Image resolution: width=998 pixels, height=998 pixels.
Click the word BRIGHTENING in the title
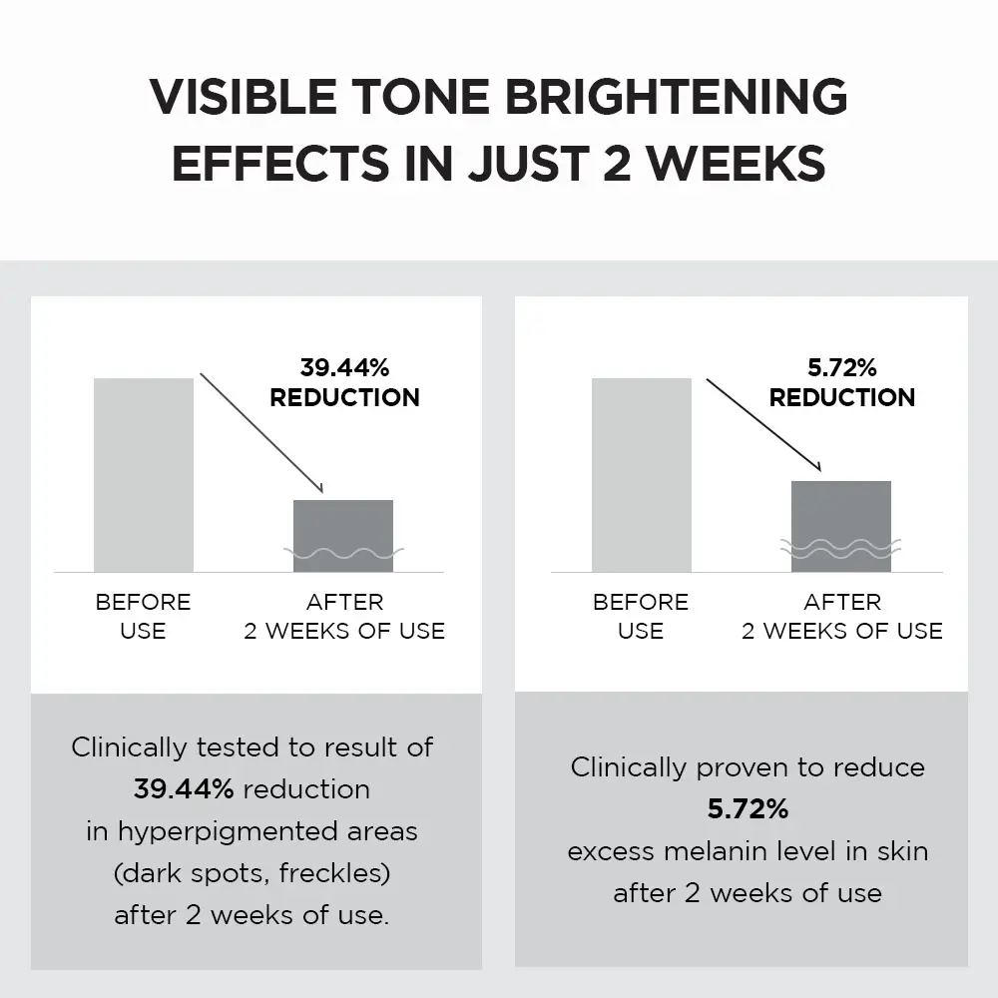coord(676,97)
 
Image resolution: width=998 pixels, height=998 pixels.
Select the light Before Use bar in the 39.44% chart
coord(144,474)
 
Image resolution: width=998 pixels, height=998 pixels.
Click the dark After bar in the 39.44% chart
coord(342,534)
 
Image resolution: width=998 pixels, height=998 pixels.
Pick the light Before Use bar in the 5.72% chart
coord(641,474)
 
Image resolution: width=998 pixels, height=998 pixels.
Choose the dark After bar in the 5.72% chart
coord(840,525)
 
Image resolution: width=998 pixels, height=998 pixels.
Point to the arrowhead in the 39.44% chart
coord(319,488)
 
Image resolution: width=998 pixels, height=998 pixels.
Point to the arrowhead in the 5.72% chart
coord(816,467)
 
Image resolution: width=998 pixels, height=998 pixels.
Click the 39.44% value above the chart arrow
coord(344,367)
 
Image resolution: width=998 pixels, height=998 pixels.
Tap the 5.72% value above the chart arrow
coord(841,367)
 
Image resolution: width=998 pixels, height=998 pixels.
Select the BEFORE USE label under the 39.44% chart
coord(143,616)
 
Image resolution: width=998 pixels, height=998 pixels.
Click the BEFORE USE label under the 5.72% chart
coord(641,616)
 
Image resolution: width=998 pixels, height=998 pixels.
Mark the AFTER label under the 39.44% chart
coord(344,602)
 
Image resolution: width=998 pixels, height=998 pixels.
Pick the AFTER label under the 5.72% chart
coord(842,602)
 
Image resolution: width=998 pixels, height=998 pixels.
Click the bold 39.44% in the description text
coord(184,789)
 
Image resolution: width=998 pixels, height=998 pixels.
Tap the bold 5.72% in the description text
coord(748,809)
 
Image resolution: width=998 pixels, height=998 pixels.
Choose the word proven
coord(733,767)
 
